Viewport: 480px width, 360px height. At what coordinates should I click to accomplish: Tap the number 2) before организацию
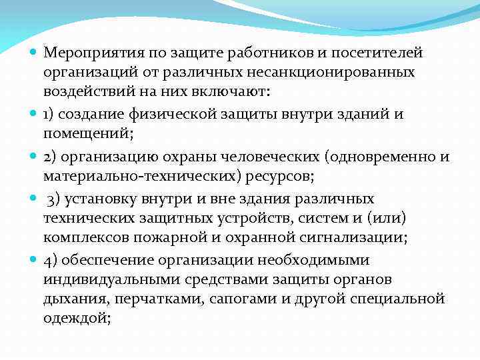pos(50,157)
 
